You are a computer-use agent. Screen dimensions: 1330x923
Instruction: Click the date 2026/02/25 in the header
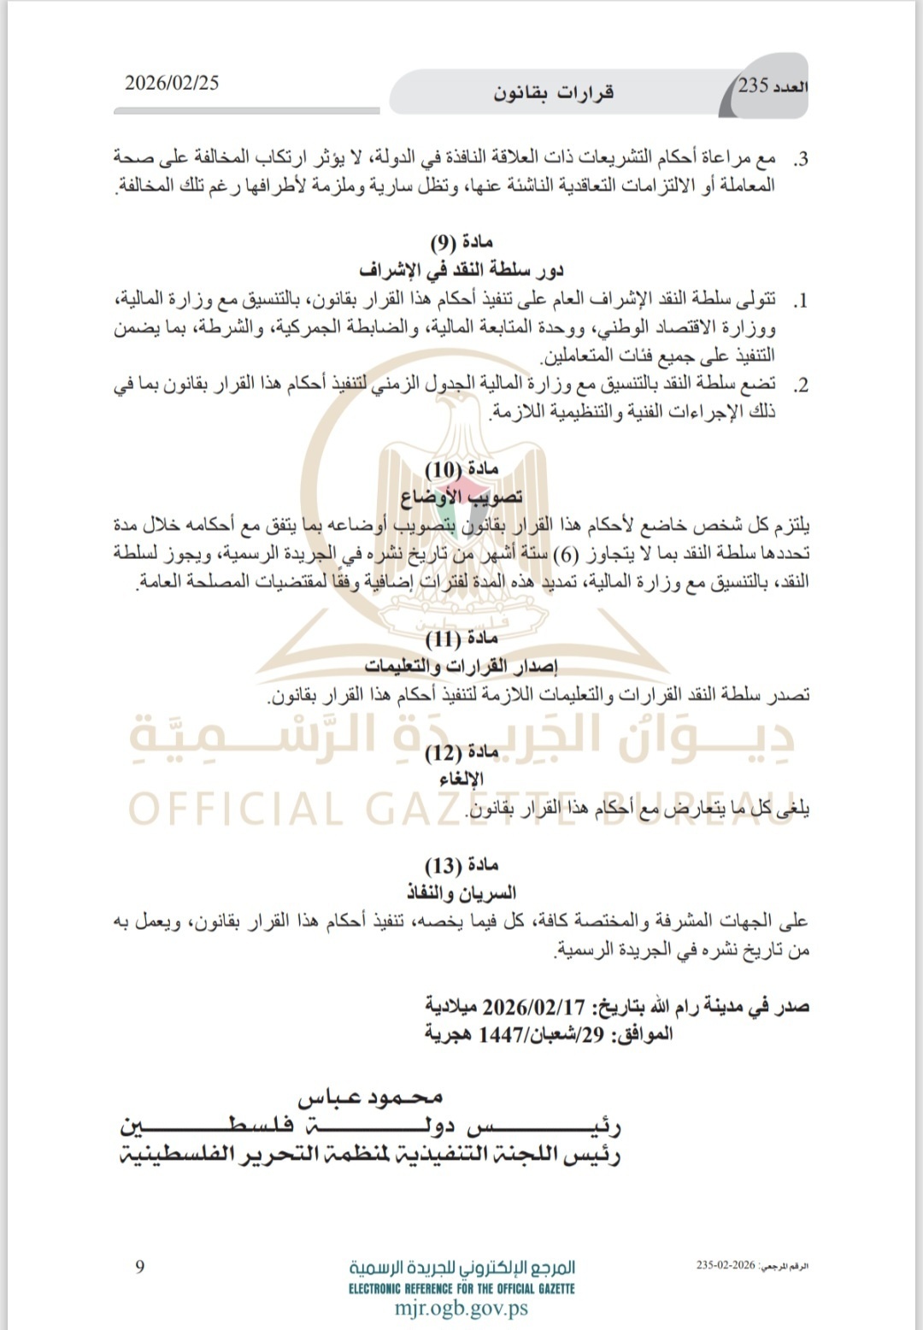pos(172,83)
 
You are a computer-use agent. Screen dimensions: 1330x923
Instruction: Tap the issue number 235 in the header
pos(754,85)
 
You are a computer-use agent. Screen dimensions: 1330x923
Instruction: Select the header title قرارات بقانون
pos(553,92)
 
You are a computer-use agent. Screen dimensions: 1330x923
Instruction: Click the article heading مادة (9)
pos(461,242)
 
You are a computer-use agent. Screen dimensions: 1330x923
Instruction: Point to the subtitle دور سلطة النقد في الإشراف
pos(461,270)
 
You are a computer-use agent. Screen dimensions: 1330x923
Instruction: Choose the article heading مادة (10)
pos(461,469)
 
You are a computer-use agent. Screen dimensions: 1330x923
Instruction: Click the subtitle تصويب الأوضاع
pos(461,497)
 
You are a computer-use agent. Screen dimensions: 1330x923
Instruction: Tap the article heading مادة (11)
pos(461,639)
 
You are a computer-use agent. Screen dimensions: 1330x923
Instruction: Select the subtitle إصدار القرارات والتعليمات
pos(461,667)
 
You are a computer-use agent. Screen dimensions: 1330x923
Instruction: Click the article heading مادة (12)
pos(461,752)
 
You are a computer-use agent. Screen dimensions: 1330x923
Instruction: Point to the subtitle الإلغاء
pos(461,780)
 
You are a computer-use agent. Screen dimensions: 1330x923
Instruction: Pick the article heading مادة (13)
pos(461,865)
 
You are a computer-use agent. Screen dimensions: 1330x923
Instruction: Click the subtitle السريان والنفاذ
pos(461,893)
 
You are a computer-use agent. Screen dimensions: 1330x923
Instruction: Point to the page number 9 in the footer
pos(140,1267)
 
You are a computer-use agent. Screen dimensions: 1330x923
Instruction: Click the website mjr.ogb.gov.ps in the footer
pos(461,1308)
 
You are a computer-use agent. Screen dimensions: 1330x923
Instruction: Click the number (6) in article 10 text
pos(565,553)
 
